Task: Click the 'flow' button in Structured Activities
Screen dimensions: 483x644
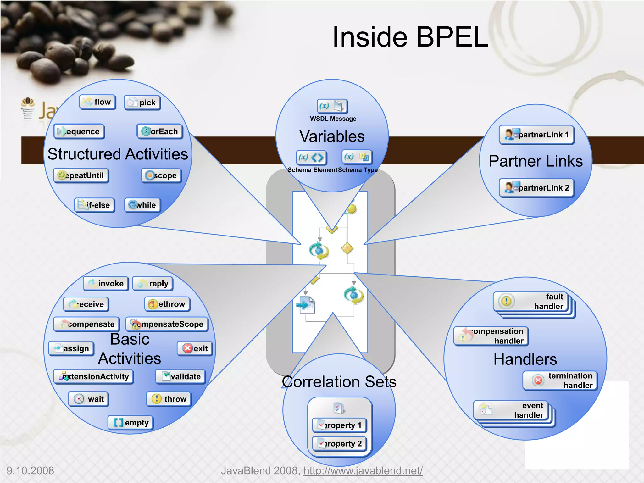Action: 97,102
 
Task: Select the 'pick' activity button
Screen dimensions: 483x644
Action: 142,103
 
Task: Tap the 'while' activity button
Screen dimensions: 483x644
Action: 142,205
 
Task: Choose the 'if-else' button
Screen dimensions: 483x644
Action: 94,205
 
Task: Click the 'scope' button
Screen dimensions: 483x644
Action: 161,175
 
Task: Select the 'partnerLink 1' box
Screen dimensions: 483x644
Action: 536,135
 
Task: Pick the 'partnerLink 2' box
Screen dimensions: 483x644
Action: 536,188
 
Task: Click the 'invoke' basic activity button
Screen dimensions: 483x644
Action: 106,284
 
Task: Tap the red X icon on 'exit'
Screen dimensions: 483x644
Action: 188,348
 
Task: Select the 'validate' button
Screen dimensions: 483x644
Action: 180,376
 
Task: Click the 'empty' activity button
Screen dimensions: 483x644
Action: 130,423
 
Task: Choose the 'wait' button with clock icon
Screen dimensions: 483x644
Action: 88,399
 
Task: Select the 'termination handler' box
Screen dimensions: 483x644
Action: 560,380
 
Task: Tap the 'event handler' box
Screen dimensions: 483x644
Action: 511,410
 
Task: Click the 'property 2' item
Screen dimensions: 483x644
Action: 339,444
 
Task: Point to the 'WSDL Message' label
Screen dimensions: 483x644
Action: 333,119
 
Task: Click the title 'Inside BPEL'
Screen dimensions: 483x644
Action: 410,37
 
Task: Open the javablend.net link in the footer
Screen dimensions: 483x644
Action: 363,470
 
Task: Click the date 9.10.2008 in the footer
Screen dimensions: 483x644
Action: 30,470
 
